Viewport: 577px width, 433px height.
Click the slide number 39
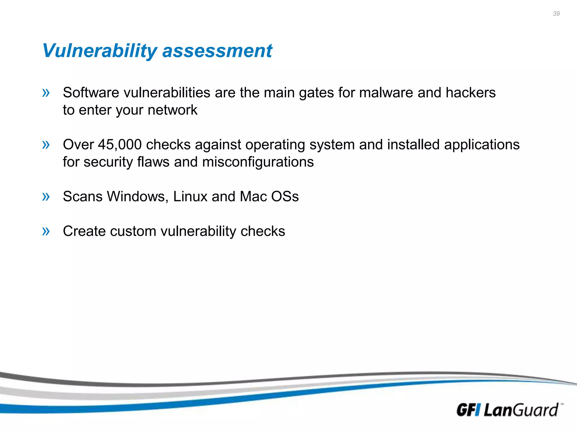pos(556,14)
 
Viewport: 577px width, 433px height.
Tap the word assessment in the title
pos(217,51)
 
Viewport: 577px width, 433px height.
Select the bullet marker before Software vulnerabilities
pos(46,92)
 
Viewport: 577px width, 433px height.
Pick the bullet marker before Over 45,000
pos(46,145)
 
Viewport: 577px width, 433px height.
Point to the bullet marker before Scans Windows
pos(46,196)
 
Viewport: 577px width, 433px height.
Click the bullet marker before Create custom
pos(46,231)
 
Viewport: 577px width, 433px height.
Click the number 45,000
pos(120,145)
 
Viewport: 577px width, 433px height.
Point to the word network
pos(172,110)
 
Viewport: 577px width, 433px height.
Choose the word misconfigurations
pos(258,162)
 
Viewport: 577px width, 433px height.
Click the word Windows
pos(137,196)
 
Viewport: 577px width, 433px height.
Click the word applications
pos(482,145)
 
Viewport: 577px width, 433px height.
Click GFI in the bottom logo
pos(468,410)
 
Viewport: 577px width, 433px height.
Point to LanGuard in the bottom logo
pos(521,410)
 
